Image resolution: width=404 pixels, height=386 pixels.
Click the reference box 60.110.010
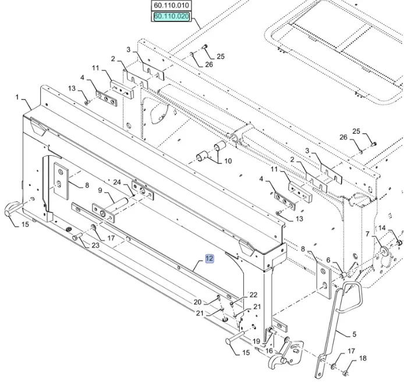click(171, 6)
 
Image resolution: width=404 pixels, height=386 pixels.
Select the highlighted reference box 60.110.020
click(171, 17)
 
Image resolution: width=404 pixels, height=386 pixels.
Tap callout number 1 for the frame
click(17, 96)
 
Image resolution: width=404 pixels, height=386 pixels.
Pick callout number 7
click(367, 233)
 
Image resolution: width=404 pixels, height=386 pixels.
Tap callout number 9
click(100, 190)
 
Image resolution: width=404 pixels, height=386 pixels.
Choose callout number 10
click(228, 161)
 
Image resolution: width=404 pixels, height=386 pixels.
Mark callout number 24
click(116, 182)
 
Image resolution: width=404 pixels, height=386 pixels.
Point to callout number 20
click(197, 302)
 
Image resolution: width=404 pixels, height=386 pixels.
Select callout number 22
click(253, 295)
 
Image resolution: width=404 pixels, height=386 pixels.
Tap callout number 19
click(256, 341)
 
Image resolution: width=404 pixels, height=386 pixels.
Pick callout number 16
click(269, 351)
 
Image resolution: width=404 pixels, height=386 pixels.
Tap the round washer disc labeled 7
click(384, 251)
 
